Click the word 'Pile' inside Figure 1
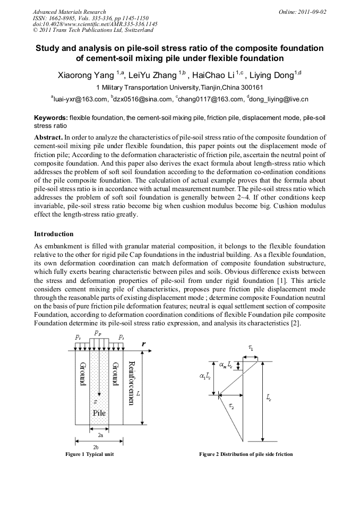100,412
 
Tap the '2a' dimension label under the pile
100,434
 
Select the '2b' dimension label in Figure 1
100,447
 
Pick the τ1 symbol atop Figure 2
251,347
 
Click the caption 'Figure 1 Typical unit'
89,454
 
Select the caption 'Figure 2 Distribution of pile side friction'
246,454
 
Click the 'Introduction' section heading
54,234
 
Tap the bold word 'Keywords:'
50,116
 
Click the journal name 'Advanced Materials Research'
69,11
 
